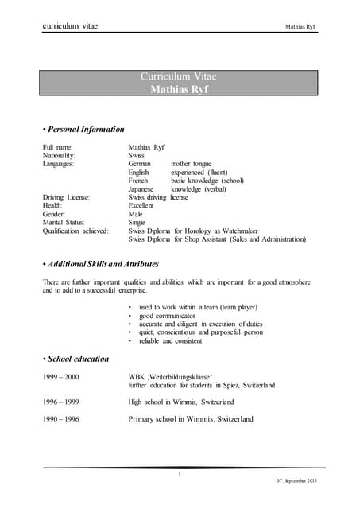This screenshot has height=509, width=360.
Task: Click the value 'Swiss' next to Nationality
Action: coord(136,156)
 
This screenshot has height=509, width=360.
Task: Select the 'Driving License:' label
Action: coord(66,197)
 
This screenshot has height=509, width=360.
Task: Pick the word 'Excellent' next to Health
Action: coord(141,206)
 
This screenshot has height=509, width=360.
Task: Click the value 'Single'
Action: coord(137,223)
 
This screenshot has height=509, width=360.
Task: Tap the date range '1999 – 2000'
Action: coord(60,376)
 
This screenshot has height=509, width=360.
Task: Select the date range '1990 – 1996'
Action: coord(60,418)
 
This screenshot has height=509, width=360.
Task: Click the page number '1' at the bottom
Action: coord(180,475)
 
